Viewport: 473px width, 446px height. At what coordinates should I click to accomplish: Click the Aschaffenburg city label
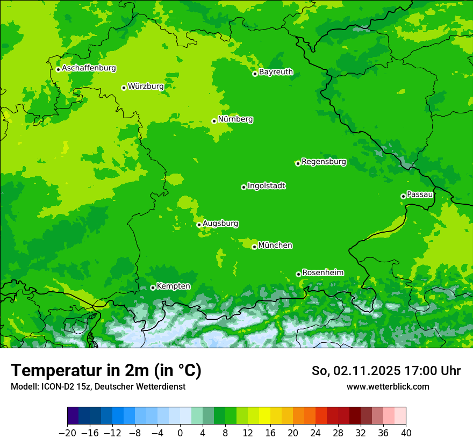[x=89, y=68]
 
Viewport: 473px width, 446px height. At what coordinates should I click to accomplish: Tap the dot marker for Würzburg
[x=124, y=88]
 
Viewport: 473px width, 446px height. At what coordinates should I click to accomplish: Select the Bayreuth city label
[x=276, y=71]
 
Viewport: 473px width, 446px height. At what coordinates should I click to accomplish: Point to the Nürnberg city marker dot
[x=214, y=121]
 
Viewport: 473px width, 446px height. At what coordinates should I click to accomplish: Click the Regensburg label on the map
[x=324, y=161]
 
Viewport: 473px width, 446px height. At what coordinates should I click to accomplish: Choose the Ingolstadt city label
[x=266, y=186]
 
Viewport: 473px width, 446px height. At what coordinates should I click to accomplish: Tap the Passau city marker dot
[x=403, y=196]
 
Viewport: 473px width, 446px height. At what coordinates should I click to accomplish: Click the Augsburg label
[x=220, y=223]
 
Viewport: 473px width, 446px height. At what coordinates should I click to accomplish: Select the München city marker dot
[x=254, y=247]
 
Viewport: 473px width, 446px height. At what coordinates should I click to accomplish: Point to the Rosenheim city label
[x=322, y=272]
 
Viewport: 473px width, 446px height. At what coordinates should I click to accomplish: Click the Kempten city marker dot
[x=153, y=287]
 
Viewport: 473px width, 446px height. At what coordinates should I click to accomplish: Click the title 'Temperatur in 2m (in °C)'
[x=106, y=370]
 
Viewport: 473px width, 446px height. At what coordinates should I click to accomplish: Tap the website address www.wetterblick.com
[x=388, y=386]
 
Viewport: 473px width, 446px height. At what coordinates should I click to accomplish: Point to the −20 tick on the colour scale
[x=67, y=432]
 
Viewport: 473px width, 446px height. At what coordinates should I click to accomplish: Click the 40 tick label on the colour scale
[x=406, y=432]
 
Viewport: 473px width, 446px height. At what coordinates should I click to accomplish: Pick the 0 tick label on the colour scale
[x=180, y=432]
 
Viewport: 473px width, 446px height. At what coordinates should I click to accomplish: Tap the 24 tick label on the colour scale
[x=316, y=432]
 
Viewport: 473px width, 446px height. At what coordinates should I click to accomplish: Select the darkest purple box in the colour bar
[x=73, y=416]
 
